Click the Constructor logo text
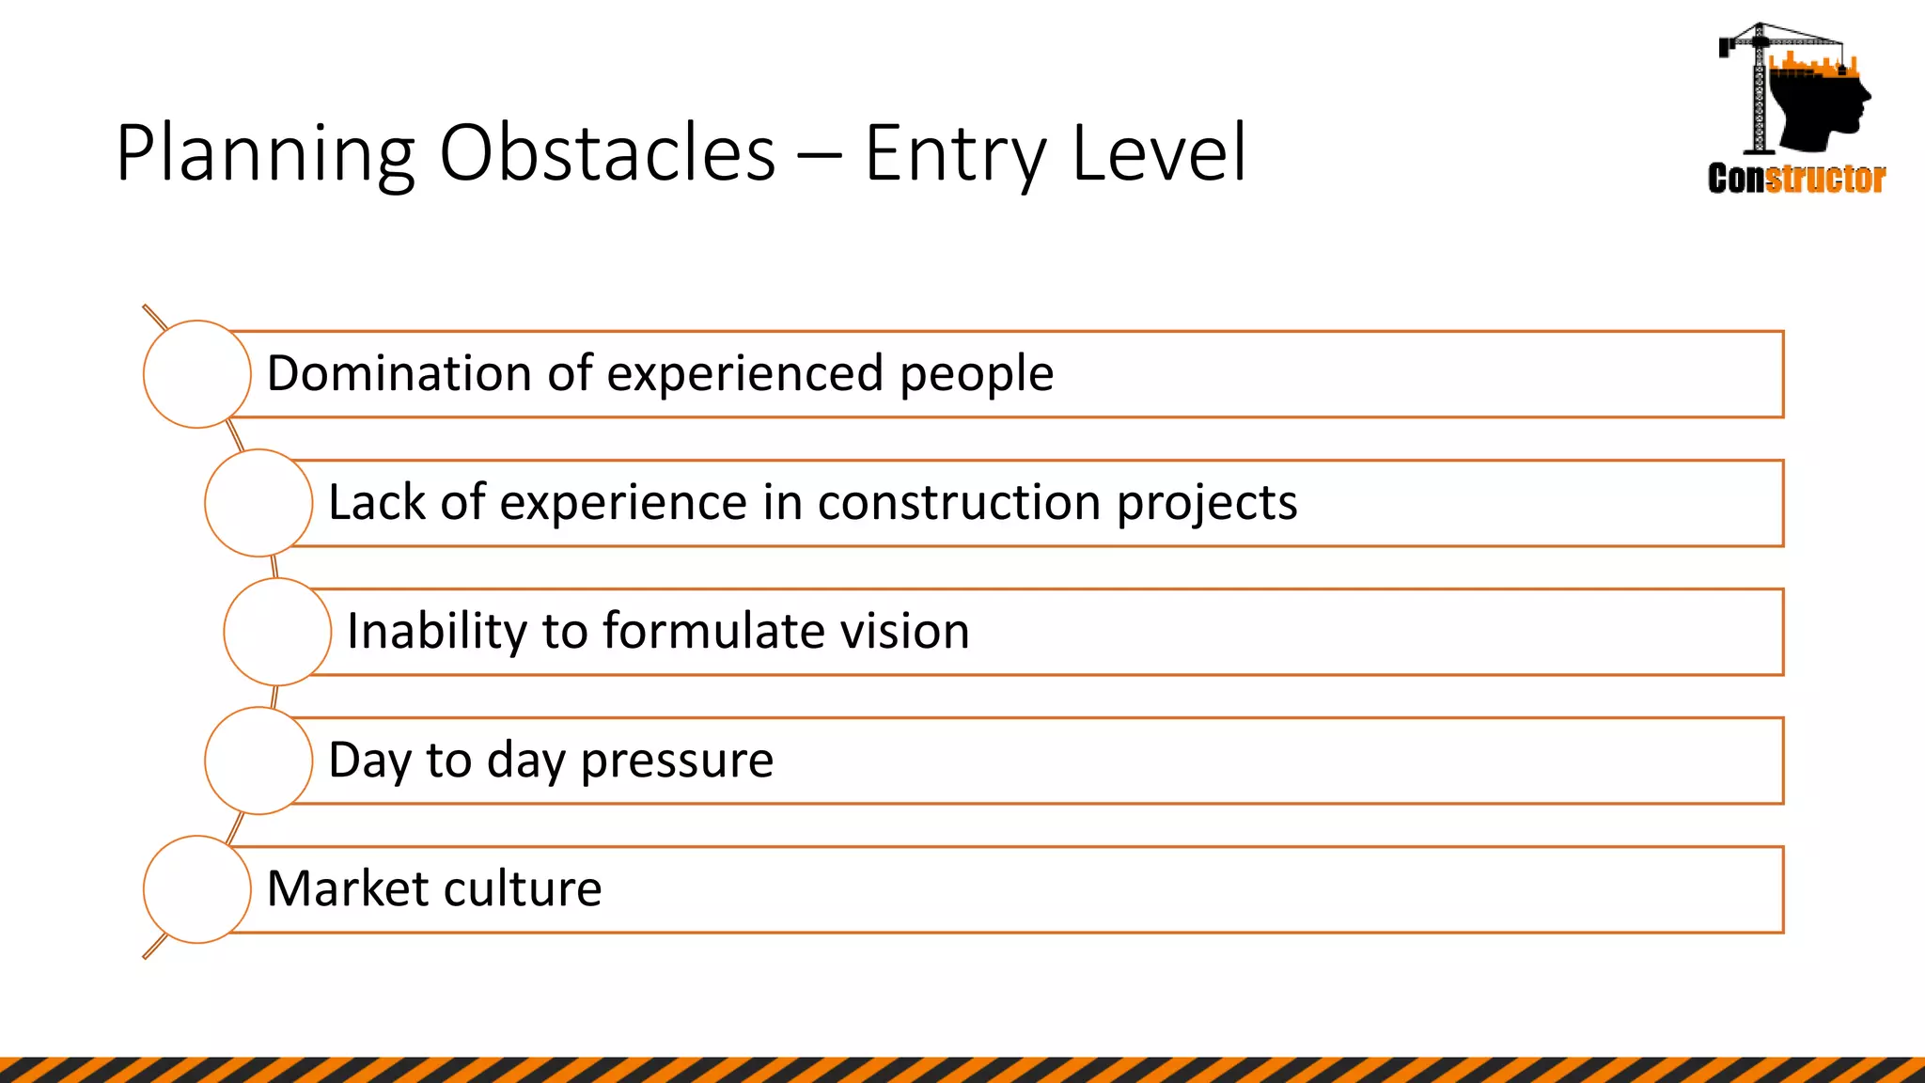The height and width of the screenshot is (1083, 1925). [x=1796, y=179]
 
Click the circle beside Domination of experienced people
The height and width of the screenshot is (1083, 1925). [x=197, y=374]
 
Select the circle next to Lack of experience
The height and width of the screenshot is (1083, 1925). [x=258, y=503]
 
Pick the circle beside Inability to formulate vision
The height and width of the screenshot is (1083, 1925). [x=277, y=632]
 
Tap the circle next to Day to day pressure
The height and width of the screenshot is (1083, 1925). [x=258, y=761]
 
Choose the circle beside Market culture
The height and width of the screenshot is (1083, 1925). [x=197, y=889]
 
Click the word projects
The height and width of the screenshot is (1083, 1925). [x=1207, y=504]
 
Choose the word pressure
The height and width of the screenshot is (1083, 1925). [x=677, y=761]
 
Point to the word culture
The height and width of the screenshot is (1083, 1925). [x=522, y=888]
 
